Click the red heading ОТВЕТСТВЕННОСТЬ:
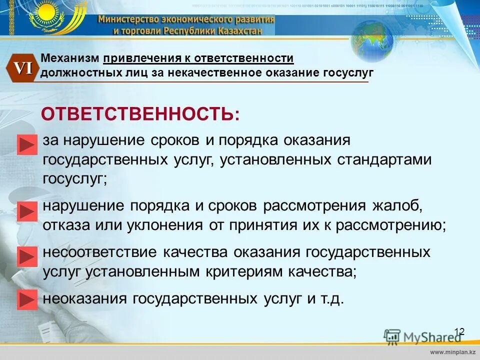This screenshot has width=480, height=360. [x=140, y=114]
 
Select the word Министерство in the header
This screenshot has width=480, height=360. [x=127, y=19]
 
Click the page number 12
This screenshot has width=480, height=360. [x=459, y=331]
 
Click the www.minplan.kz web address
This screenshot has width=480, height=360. [x=452, y=353]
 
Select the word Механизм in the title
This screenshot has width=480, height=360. [x=71, y=58]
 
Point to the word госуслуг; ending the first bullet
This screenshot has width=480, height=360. [x=75, y=179]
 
